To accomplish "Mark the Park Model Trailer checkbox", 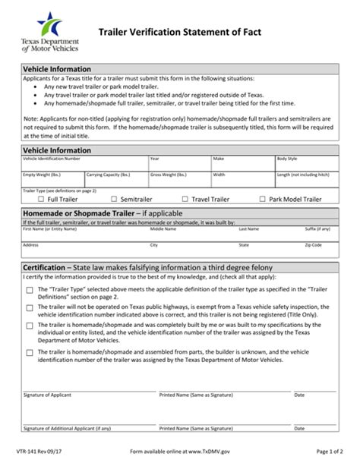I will pyautogui.click(x=263, y=199).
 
